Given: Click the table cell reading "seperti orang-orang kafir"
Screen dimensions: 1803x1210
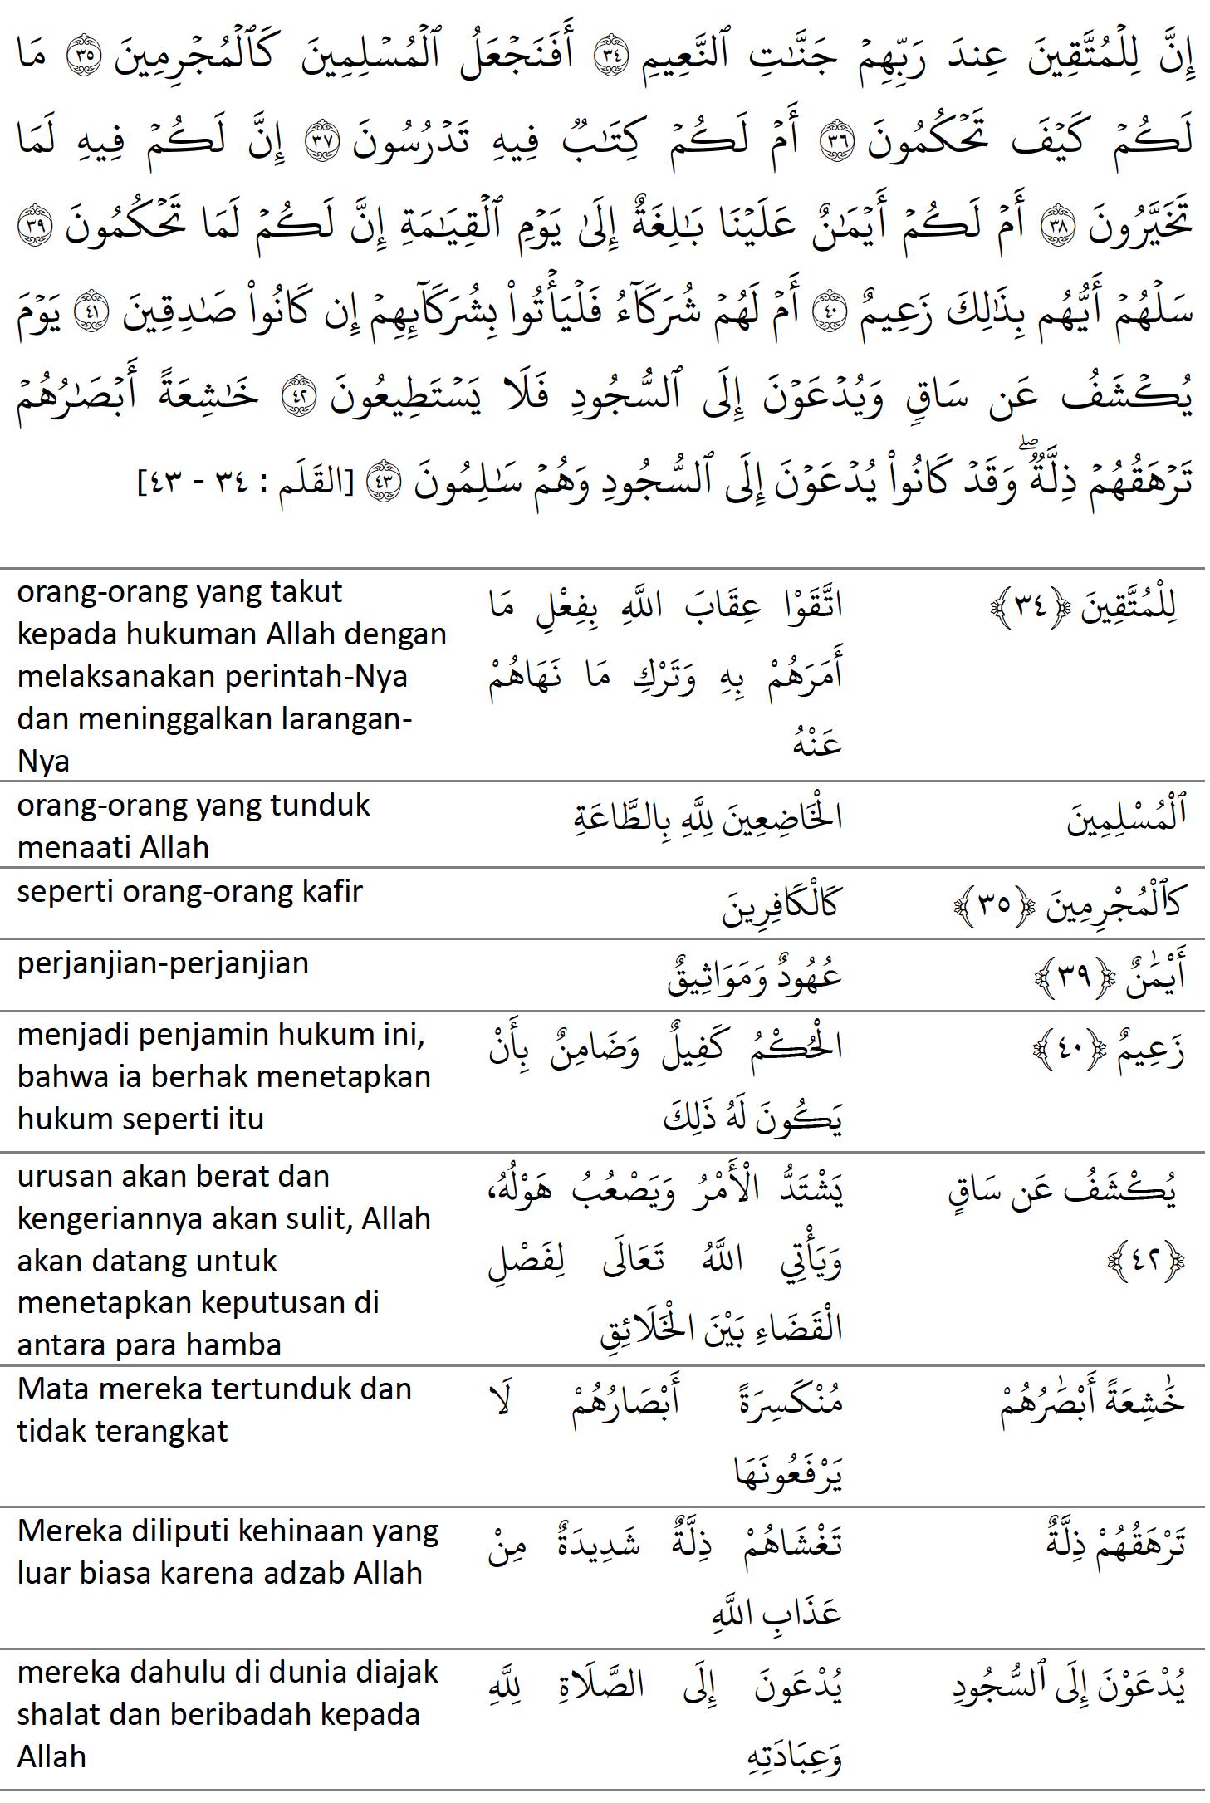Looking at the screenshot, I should point(190,892).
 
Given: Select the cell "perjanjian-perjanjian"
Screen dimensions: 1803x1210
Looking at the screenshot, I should point(163,963).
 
